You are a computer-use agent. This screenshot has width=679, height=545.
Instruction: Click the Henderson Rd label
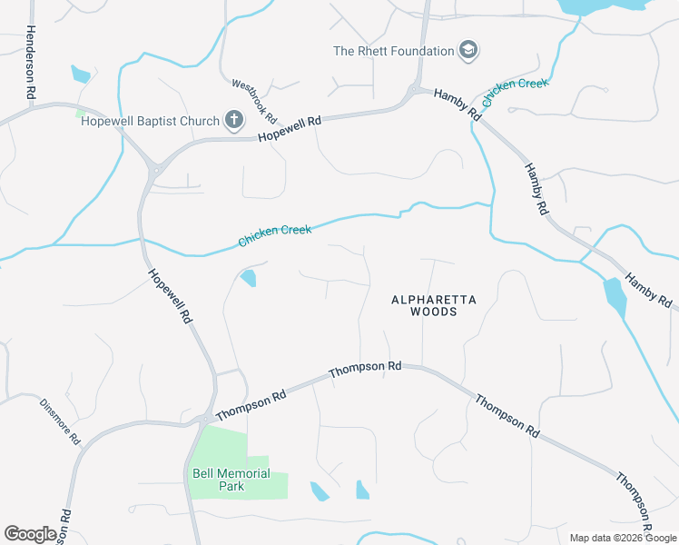point(30,62)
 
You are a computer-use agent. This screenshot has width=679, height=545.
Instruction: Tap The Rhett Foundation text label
point(393,51)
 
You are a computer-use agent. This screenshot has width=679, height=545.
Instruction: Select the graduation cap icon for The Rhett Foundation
point(468,50)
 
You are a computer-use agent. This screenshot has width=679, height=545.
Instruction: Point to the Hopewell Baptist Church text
point(150,121)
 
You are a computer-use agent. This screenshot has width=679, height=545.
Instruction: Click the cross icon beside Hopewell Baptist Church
point(234,120)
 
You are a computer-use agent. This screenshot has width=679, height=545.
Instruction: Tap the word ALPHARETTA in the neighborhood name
point(433,299)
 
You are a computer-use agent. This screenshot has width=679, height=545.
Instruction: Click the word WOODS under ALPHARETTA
point(433,312)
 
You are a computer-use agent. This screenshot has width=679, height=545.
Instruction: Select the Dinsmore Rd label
point(60,421)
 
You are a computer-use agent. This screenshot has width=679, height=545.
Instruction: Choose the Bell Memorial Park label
point(231,480)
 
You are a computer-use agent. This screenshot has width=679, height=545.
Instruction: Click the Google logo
point(30,534)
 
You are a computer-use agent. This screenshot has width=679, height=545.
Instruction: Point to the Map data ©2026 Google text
point(622,538)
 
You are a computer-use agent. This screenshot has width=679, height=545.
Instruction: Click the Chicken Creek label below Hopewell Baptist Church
point(274,235)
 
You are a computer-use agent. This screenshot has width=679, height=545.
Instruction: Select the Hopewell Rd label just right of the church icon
point(290,128)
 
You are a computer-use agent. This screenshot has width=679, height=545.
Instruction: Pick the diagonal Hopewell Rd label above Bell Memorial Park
point(171,296)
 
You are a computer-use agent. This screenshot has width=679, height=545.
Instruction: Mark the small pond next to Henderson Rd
point(80,74)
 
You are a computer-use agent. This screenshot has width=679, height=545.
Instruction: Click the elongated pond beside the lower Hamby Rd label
point(615,297)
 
